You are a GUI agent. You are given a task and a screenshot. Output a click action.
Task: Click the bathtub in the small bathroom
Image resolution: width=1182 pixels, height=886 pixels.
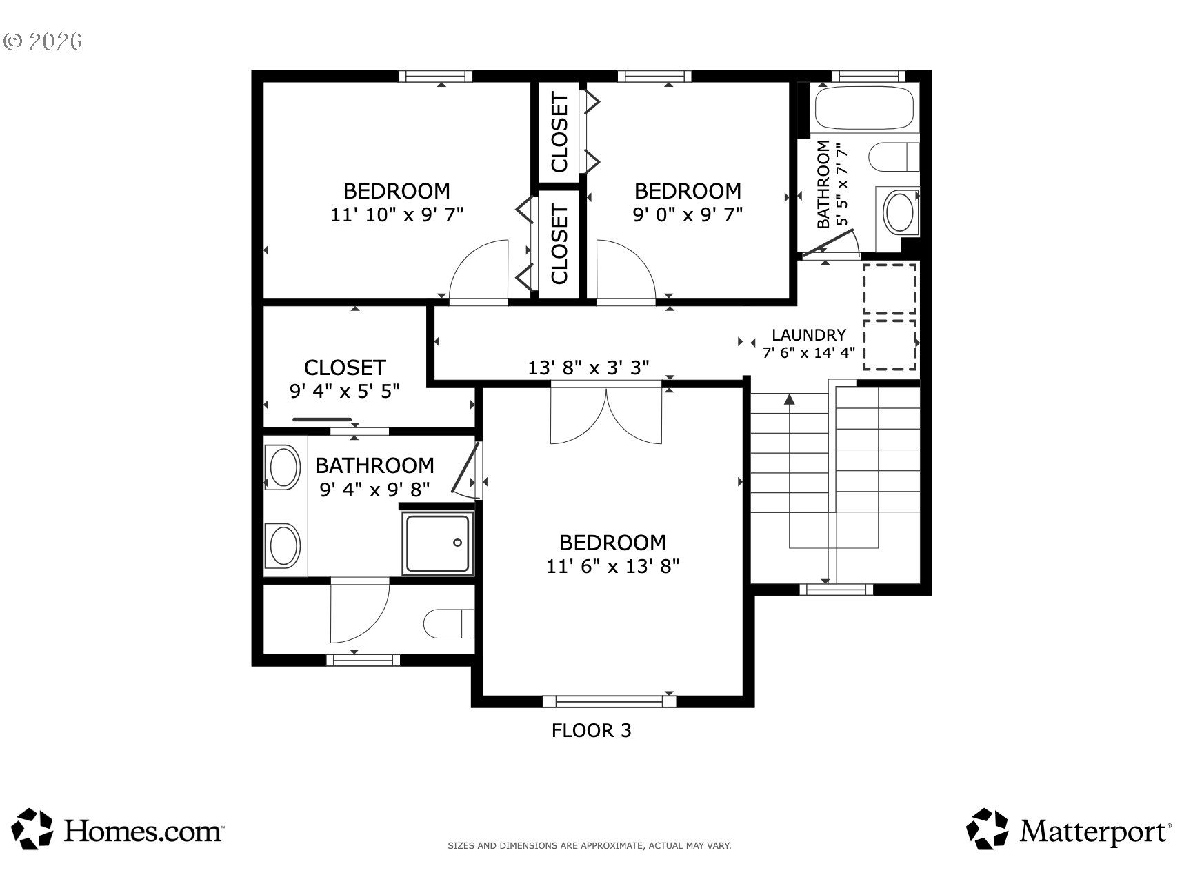[x=864, y=108]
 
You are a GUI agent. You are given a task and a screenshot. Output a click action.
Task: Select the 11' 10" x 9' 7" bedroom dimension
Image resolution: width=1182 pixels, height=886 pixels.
[x=397, y=214]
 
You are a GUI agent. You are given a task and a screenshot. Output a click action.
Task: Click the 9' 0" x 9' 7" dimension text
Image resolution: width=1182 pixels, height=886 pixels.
[x=688, y=214]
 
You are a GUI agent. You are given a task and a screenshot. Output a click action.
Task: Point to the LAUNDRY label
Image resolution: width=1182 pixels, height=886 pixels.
[x=808, y=335]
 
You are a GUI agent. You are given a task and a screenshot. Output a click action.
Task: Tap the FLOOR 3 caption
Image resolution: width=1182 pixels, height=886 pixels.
[x=591, y=730]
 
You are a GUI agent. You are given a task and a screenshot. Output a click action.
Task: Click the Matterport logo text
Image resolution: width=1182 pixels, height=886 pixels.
[x=1095, y=831]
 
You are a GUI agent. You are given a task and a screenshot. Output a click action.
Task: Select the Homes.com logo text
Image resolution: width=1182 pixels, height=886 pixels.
[x=143, y=831]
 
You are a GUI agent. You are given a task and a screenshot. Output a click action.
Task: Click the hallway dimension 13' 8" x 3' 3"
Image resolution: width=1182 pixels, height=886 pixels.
[x=588, y=368]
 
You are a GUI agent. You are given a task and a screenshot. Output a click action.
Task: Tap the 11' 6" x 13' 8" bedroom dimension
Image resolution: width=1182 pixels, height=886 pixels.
[x=613, y=566]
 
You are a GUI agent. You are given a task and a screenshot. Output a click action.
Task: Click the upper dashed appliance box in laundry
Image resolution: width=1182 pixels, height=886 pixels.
[x=890, y=289]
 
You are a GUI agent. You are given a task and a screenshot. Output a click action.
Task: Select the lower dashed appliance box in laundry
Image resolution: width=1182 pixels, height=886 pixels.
[x=890, y=345]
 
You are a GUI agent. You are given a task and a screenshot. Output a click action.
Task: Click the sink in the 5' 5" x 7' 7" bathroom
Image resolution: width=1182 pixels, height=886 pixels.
[x=899, y=212]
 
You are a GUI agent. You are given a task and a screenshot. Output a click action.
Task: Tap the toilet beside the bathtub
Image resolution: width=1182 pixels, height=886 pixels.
[x=894, y=157]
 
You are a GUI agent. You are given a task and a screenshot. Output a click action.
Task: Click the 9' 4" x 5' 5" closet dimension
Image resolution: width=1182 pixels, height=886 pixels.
[x=345, y=391]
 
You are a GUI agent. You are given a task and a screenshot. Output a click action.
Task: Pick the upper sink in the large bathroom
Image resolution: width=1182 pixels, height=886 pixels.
[x=284, y=467]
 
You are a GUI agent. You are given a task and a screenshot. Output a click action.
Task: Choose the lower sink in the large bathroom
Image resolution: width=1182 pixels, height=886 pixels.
[x=284, y=545]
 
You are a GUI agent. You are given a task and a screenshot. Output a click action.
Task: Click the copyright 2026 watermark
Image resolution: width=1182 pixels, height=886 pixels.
[x=43, y=41]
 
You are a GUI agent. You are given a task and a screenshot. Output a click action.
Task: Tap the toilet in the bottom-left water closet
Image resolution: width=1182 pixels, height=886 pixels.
[x=448, y=623]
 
